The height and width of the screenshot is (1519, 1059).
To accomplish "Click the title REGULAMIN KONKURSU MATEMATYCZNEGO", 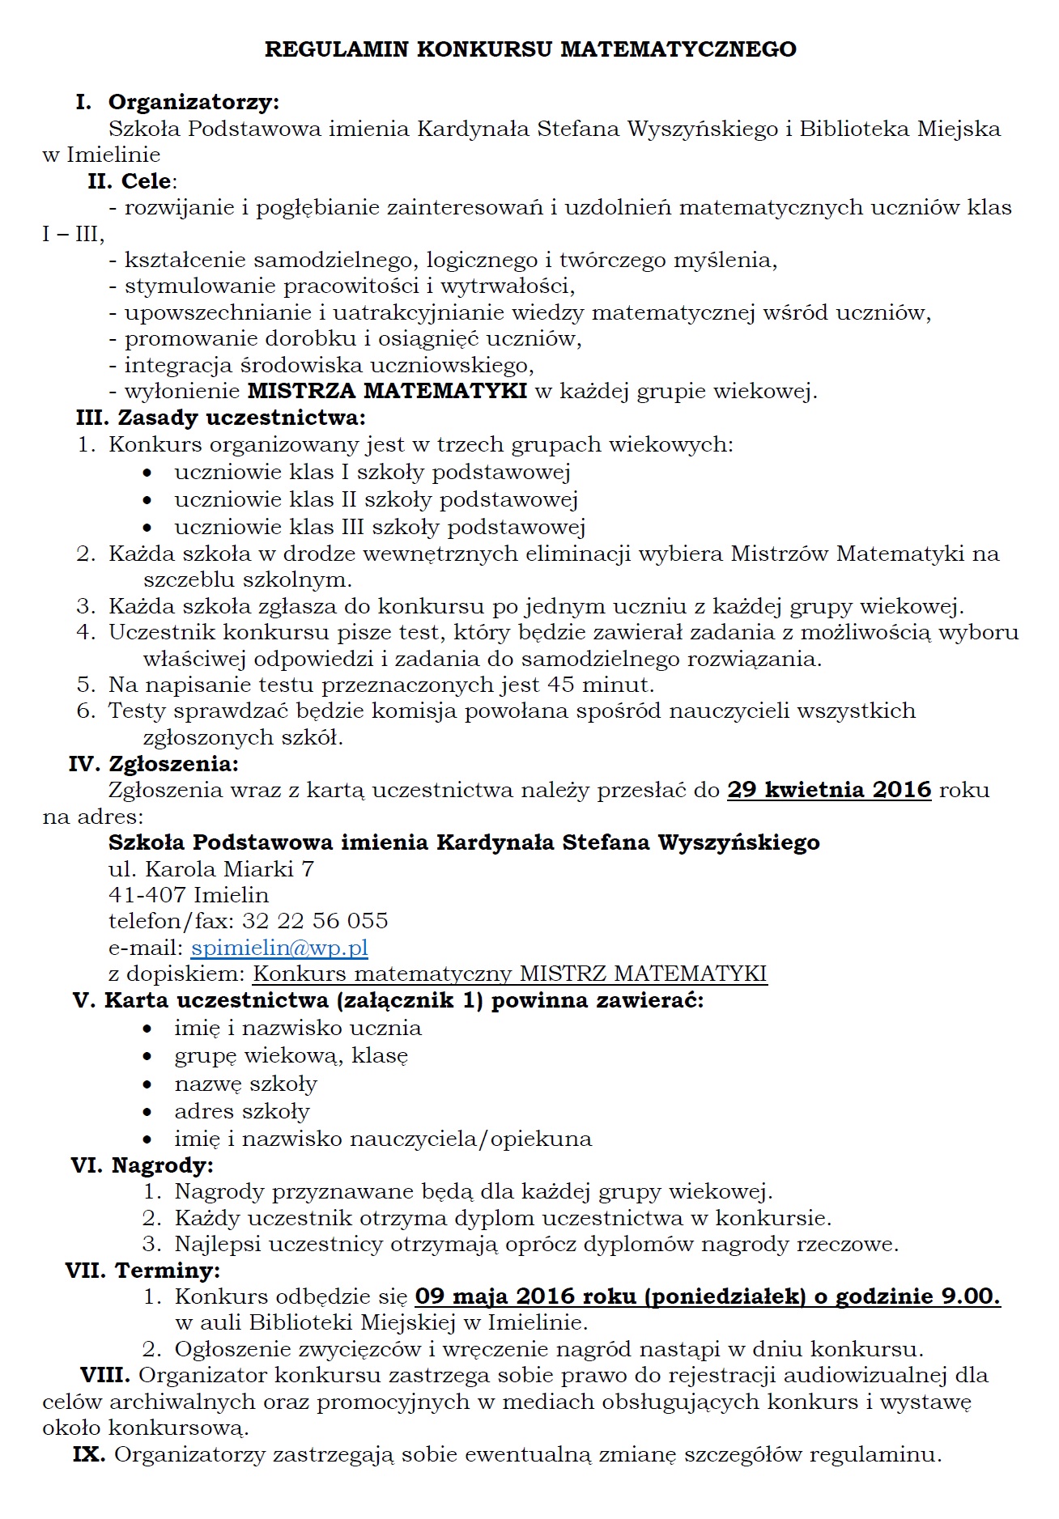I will [x=530, y=49].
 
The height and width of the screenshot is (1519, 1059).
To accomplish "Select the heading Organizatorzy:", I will [x=194, y=102].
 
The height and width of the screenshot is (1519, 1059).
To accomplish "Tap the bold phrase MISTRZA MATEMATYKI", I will [x=387, y=392].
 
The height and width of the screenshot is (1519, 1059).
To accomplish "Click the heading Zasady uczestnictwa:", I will [x=242, y=418].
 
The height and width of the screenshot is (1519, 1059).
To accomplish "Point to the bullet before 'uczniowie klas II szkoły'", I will [x=147, y=501].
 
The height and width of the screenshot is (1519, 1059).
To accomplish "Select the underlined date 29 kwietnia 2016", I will [x=829, y=790].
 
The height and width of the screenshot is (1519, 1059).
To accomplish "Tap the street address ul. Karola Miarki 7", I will [x=211, y=869].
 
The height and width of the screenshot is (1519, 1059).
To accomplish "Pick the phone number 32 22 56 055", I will [x=315, y=921].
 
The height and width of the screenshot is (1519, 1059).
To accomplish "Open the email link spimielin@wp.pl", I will [x=279, y=948].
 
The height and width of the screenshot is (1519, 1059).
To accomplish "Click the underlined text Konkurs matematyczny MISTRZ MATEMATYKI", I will [x=510, y=974].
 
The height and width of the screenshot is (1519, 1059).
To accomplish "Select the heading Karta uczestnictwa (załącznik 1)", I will [x=294, y=1000].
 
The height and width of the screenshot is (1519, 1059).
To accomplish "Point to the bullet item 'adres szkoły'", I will [x=242, y=1111].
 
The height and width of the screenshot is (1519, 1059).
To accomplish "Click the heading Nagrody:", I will [x=163, y=1165].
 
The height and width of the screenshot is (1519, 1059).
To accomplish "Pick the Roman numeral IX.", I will [x=88, y=1454].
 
